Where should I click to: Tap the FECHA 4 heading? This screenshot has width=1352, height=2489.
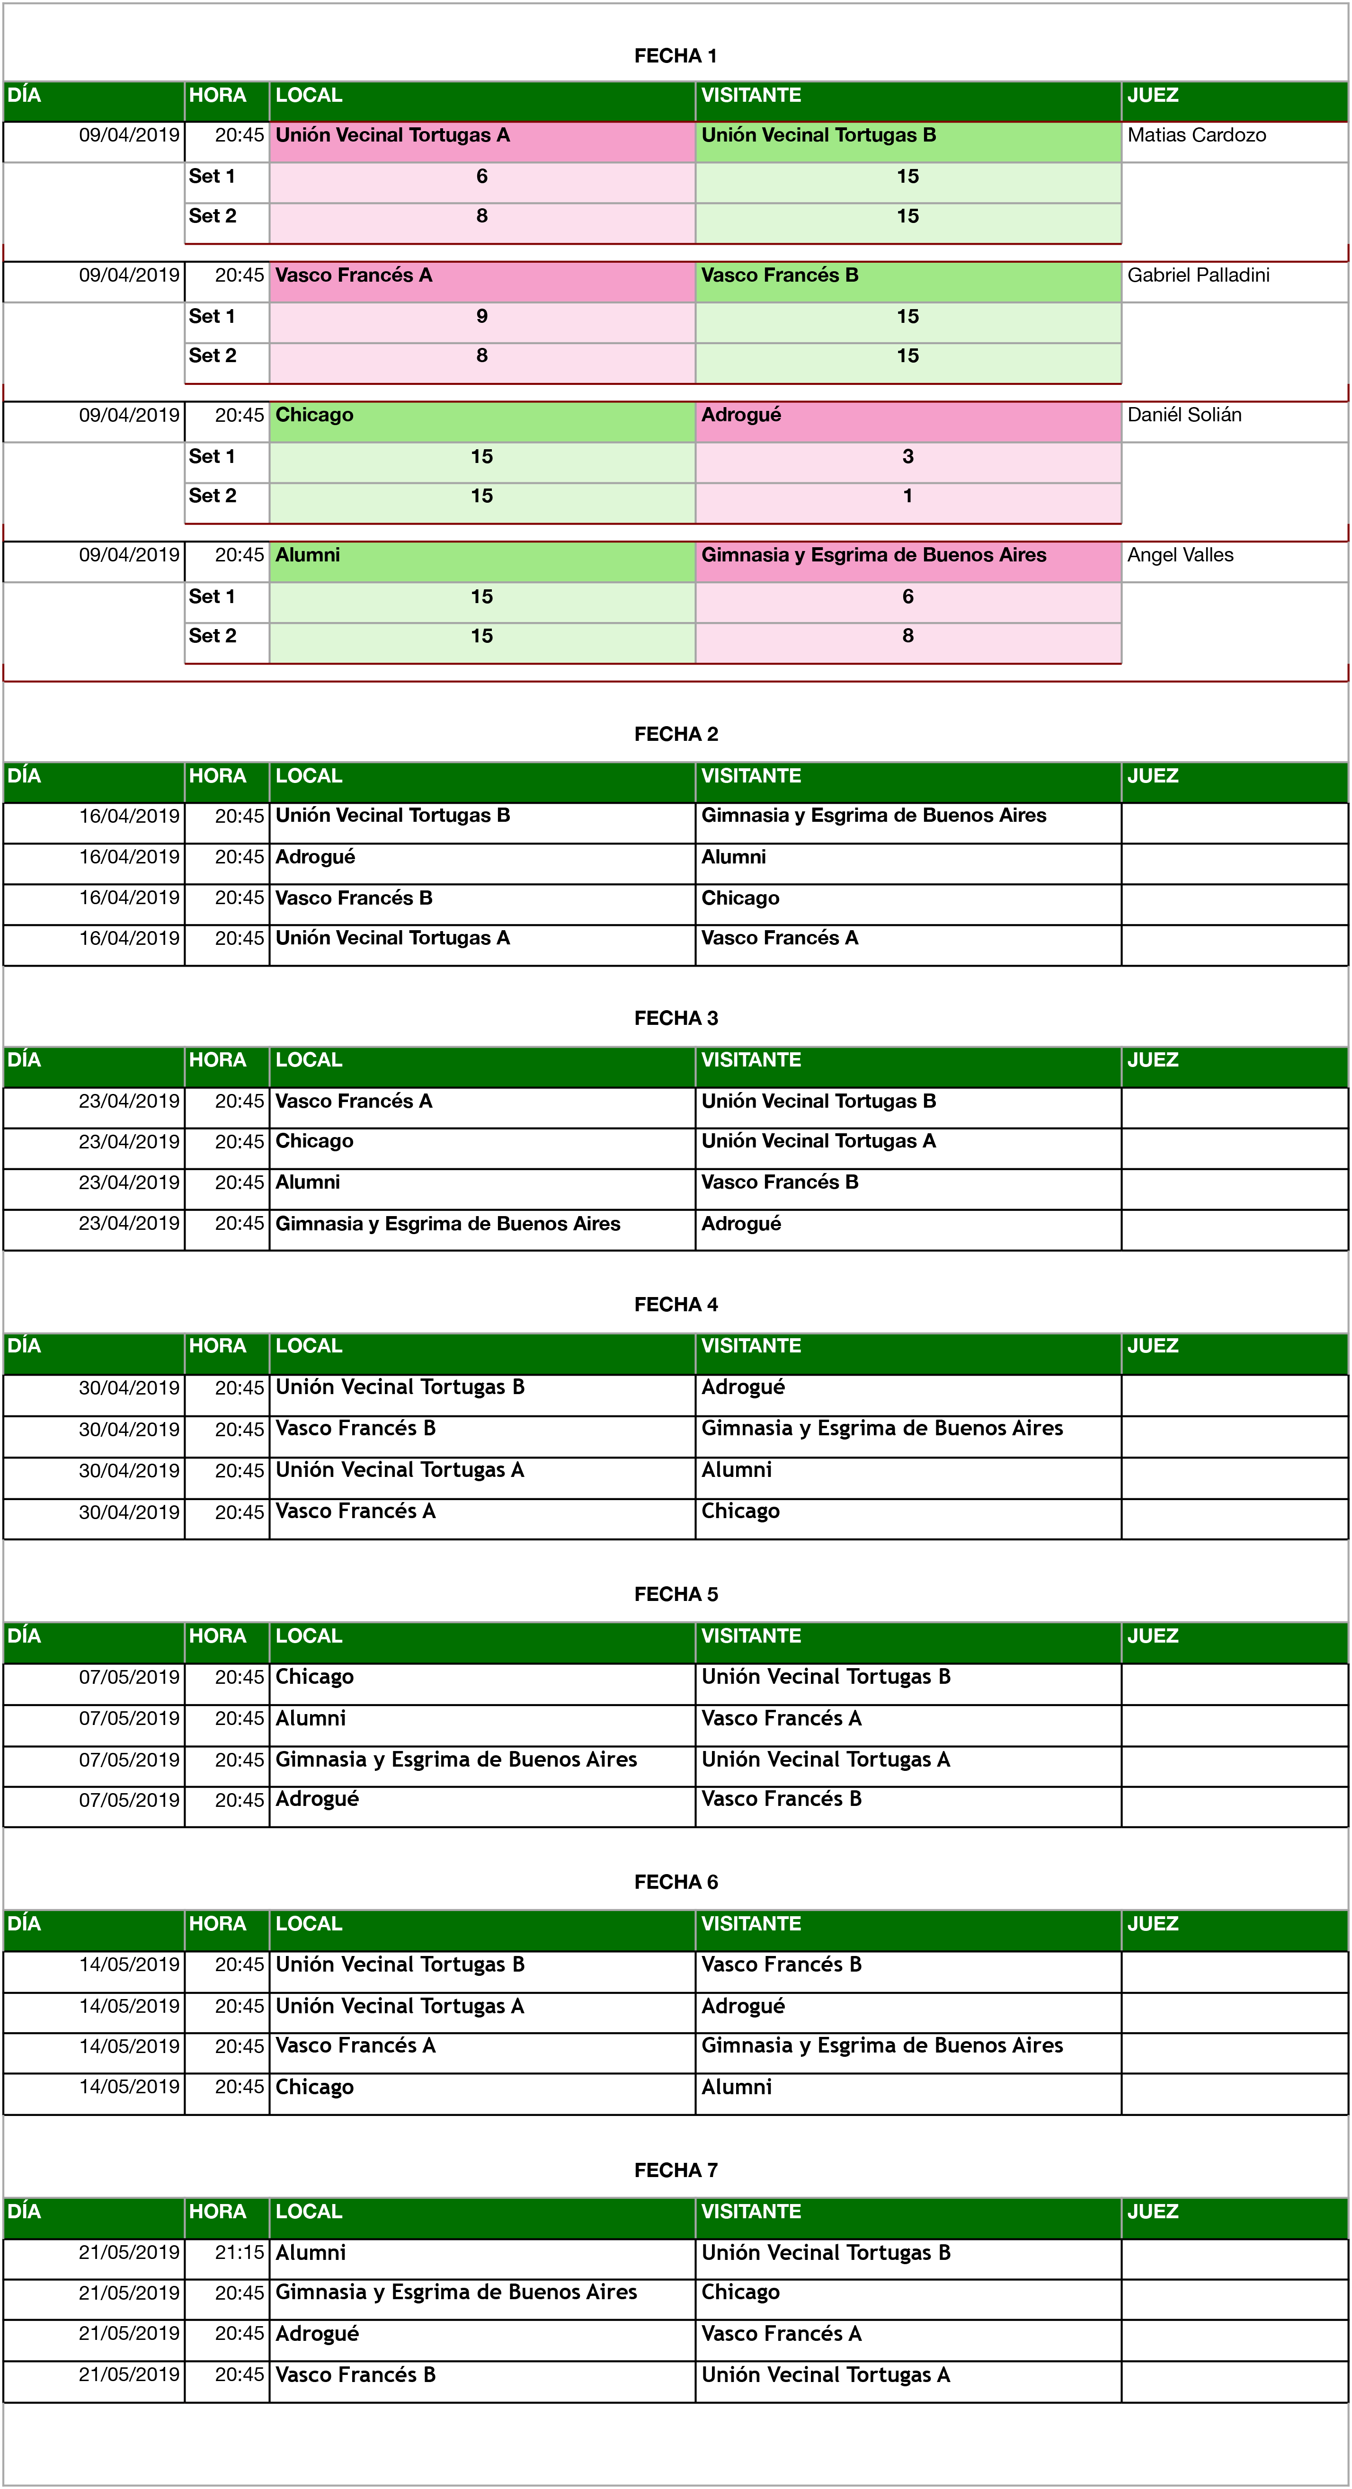(x=676, y=1305)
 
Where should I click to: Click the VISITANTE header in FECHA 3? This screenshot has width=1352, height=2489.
(x=751, y=1060)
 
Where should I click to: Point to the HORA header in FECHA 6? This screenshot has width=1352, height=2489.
(x=217, y=1924)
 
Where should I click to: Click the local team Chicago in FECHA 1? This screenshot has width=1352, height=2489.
(x=314, y=416)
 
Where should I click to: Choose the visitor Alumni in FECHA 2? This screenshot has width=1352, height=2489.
(x=733, y=857)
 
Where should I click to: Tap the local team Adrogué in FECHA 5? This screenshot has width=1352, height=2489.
(x=317, y=1799)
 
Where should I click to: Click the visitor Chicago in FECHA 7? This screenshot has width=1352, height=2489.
(x=740, y=2293)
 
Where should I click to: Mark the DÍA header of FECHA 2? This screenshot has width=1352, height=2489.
(x=24, y=776)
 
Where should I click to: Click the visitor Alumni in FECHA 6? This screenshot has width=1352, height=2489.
(x=737, y=2087)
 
